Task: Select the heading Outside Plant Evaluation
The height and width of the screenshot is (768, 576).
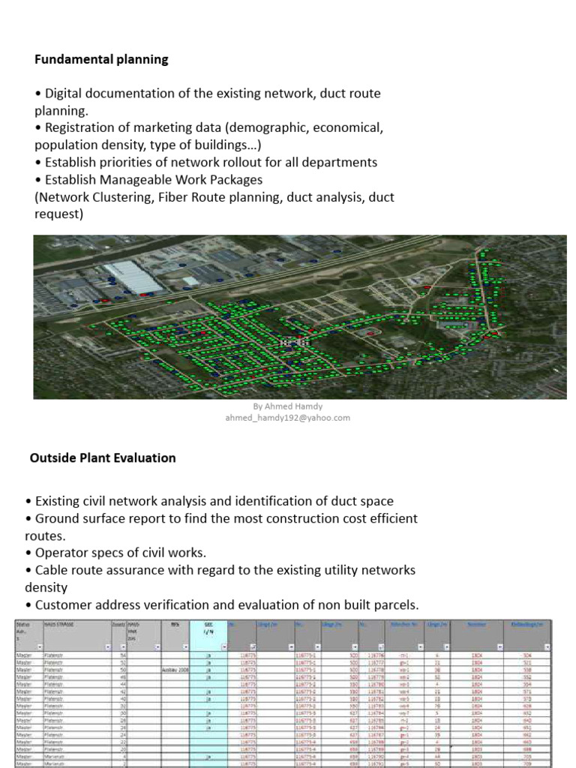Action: click(x=103, y=457)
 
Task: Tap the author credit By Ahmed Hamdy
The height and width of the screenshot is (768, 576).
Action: click(x=288, y=406)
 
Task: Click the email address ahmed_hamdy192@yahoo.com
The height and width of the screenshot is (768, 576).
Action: click(x=288, y=418)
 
